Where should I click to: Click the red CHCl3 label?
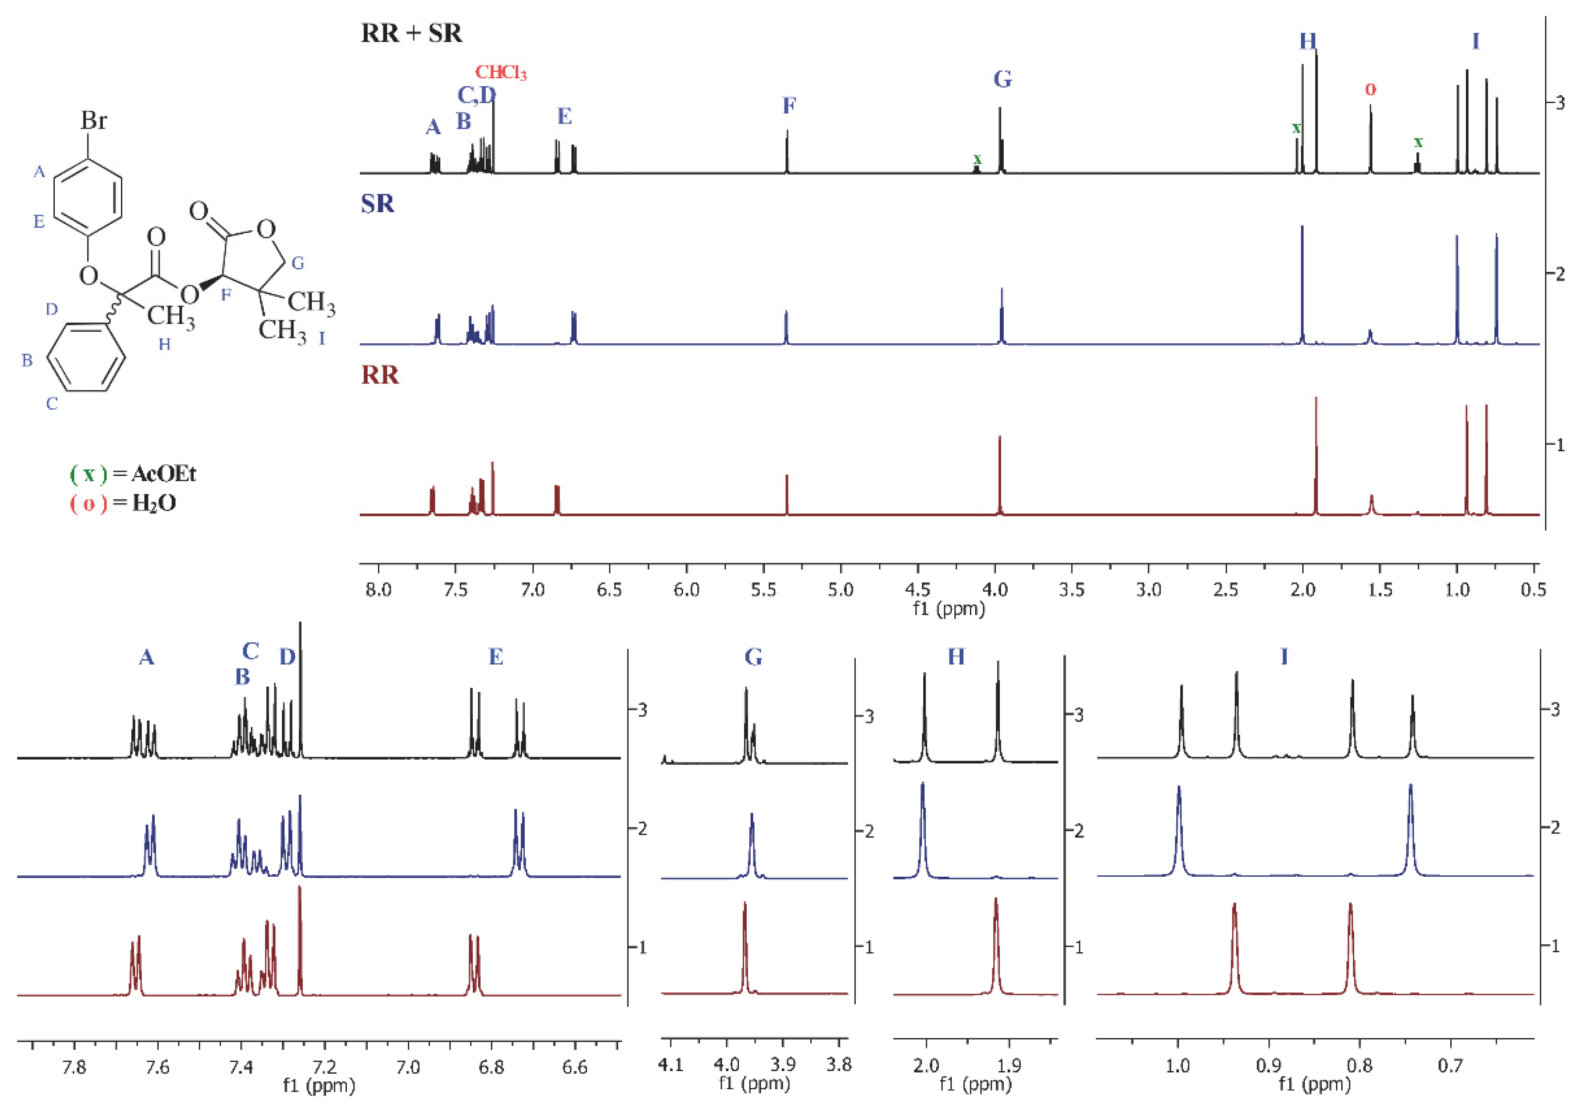[501, 73]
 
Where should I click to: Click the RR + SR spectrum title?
[411, 33]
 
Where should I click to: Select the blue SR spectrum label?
[378, 204]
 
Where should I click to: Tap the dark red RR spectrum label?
[380, 375]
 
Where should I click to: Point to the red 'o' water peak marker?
[1370, 90]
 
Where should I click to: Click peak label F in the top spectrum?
[789, 106]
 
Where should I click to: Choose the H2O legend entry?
[124, 504]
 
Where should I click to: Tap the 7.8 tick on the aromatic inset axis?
[74, 1066]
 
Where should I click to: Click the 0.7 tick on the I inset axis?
[1449, 1065]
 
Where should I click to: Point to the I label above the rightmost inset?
[1284, 657]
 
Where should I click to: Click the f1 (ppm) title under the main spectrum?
[949, 608]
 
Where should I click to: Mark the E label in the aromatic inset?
[496, 657]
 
